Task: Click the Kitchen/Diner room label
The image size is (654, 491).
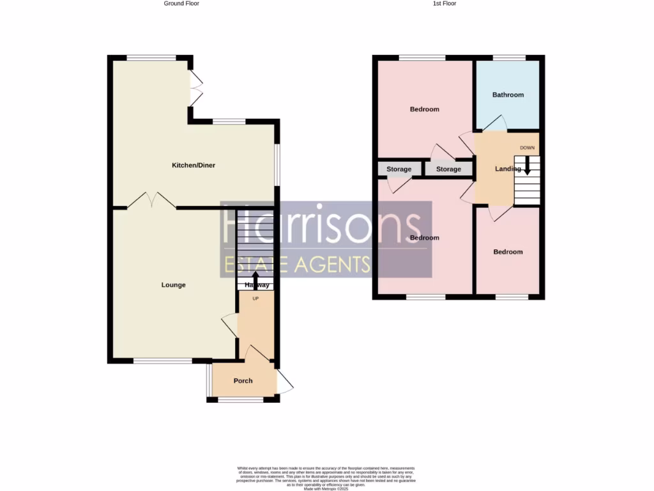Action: point(194,166)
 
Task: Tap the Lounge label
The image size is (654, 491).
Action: point(173,285)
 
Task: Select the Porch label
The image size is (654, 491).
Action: point(243,381)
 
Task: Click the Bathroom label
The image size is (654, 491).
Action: point(508,95)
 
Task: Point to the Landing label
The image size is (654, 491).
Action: point(508,169)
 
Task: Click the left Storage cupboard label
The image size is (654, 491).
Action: point(399,169)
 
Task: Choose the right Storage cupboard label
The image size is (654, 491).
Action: point(448,169)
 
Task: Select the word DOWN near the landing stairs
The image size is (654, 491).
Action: point(527,148)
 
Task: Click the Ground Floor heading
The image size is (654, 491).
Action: point(181,4)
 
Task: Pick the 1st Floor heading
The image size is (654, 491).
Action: point(445,4)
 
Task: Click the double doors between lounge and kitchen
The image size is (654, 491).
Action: point(152,201)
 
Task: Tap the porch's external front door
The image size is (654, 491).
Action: point(285,382)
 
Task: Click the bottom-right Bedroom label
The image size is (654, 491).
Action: point(508,252)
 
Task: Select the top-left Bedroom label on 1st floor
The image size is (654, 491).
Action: point(424,109)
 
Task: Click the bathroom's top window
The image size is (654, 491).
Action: point(508,58)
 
